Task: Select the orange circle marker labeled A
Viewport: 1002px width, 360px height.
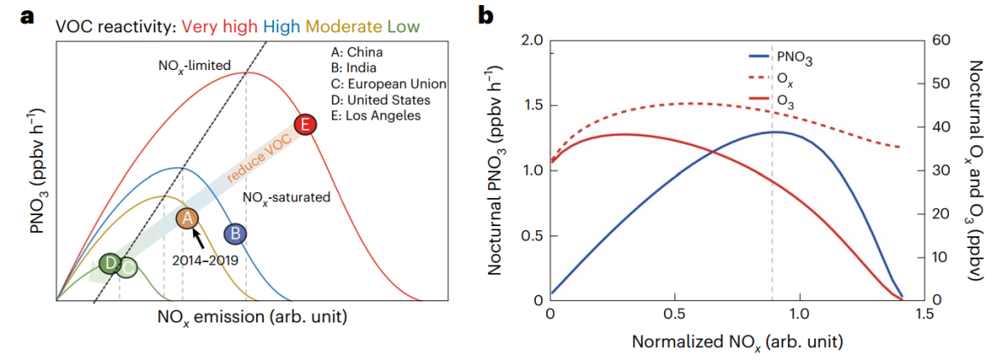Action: point(188,218)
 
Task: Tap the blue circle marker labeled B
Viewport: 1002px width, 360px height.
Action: point(235,234)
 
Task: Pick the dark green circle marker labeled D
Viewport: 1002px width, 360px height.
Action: point(109,264)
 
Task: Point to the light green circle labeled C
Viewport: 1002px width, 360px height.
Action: point(126,268)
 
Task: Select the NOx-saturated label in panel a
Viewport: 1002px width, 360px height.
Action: point(287,196)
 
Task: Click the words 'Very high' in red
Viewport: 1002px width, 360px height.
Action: point(215,26)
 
